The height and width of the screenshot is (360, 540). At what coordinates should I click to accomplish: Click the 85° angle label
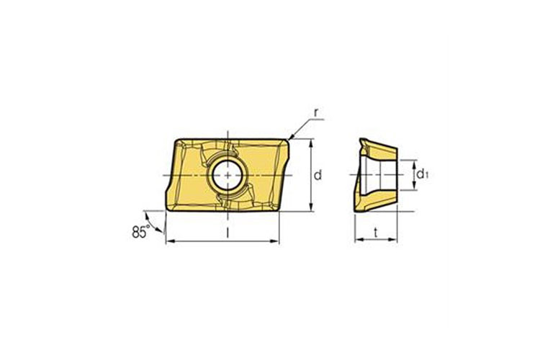click(x=140, y=232)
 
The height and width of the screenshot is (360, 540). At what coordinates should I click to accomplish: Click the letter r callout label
click(x=316, y=112)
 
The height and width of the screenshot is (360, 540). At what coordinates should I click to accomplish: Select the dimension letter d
click(x=318, y=176)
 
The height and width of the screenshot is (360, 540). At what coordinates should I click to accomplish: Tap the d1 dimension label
click(x=422, y=174)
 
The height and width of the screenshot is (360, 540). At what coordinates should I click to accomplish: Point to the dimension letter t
click(x=376, y=233)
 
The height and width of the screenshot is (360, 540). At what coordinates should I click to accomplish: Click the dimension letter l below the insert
click(x=228, y=233)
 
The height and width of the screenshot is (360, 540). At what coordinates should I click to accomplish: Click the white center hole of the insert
click(x=228, y=176)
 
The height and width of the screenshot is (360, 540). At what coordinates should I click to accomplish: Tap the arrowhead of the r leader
click(x=290, y=137)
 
